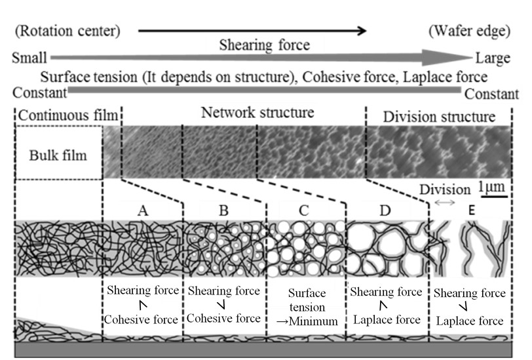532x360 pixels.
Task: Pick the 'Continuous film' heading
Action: pos(68,116)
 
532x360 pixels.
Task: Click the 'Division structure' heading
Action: pos(439,117)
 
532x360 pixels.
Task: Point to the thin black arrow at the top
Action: pos(252,30)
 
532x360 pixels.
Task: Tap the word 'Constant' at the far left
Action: pos(39,92)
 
